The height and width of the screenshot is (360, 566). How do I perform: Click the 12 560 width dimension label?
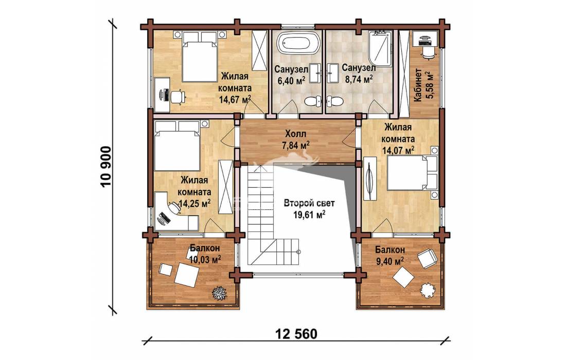[296, 334]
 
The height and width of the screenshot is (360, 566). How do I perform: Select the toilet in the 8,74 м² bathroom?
[334, 101]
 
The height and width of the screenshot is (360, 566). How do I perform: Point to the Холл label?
[296, 134]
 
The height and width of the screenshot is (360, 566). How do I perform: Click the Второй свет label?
[309, 203]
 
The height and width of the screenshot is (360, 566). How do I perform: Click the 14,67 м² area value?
[235, 99]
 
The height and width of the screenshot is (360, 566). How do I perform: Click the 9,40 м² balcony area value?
[390, 261]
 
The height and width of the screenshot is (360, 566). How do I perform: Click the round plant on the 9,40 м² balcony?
[428, 289]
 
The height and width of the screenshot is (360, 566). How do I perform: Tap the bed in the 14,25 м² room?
[177, 146]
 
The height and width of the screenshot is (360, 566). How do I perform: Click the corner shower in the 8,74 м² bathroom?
[380, 49]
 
